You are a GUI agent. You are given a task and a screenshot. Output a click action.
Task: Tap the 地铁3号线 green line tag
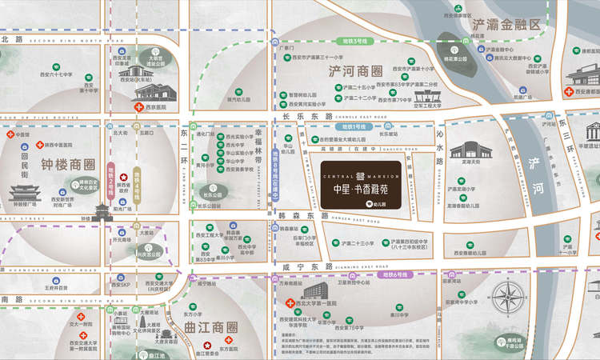coord(354,40)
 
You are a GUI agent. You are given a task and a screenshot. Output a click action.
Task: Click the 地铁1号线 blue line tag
coord(353,126)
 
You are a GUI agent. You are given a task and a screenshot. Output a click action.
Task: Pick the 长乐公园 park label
coord(211,193)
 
